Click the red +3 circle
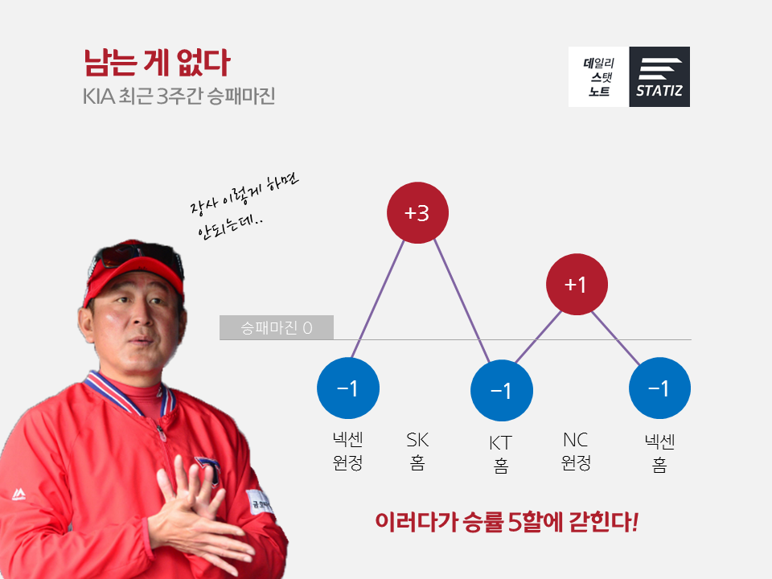tap(417, 212)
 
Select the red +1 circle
tap(577, 284)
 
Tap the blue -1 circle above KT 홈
tap(502, 391)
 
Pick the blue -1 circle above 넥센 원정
tap(348, 388)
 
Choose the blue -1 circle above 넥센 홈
tap(659, 388)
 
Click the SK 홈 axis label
tap(417, 451)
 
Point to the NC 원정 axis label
tap(576, 451)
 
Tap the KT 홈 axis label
tap(501, 454)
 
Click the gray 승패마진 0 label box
tap(276, 327)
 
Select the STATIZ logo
tap(659, 77)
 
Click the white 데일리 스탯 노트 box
tap(598, 77)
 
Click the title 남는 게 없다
tap(157, 63)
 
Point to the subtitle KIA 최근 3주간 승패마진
tap(179, 96)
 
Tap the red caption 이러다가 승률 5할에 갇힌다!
tap(507, 522)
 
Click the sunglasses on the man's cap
tap(140, 255)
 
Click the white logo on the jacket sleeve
tap(18, 494)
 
